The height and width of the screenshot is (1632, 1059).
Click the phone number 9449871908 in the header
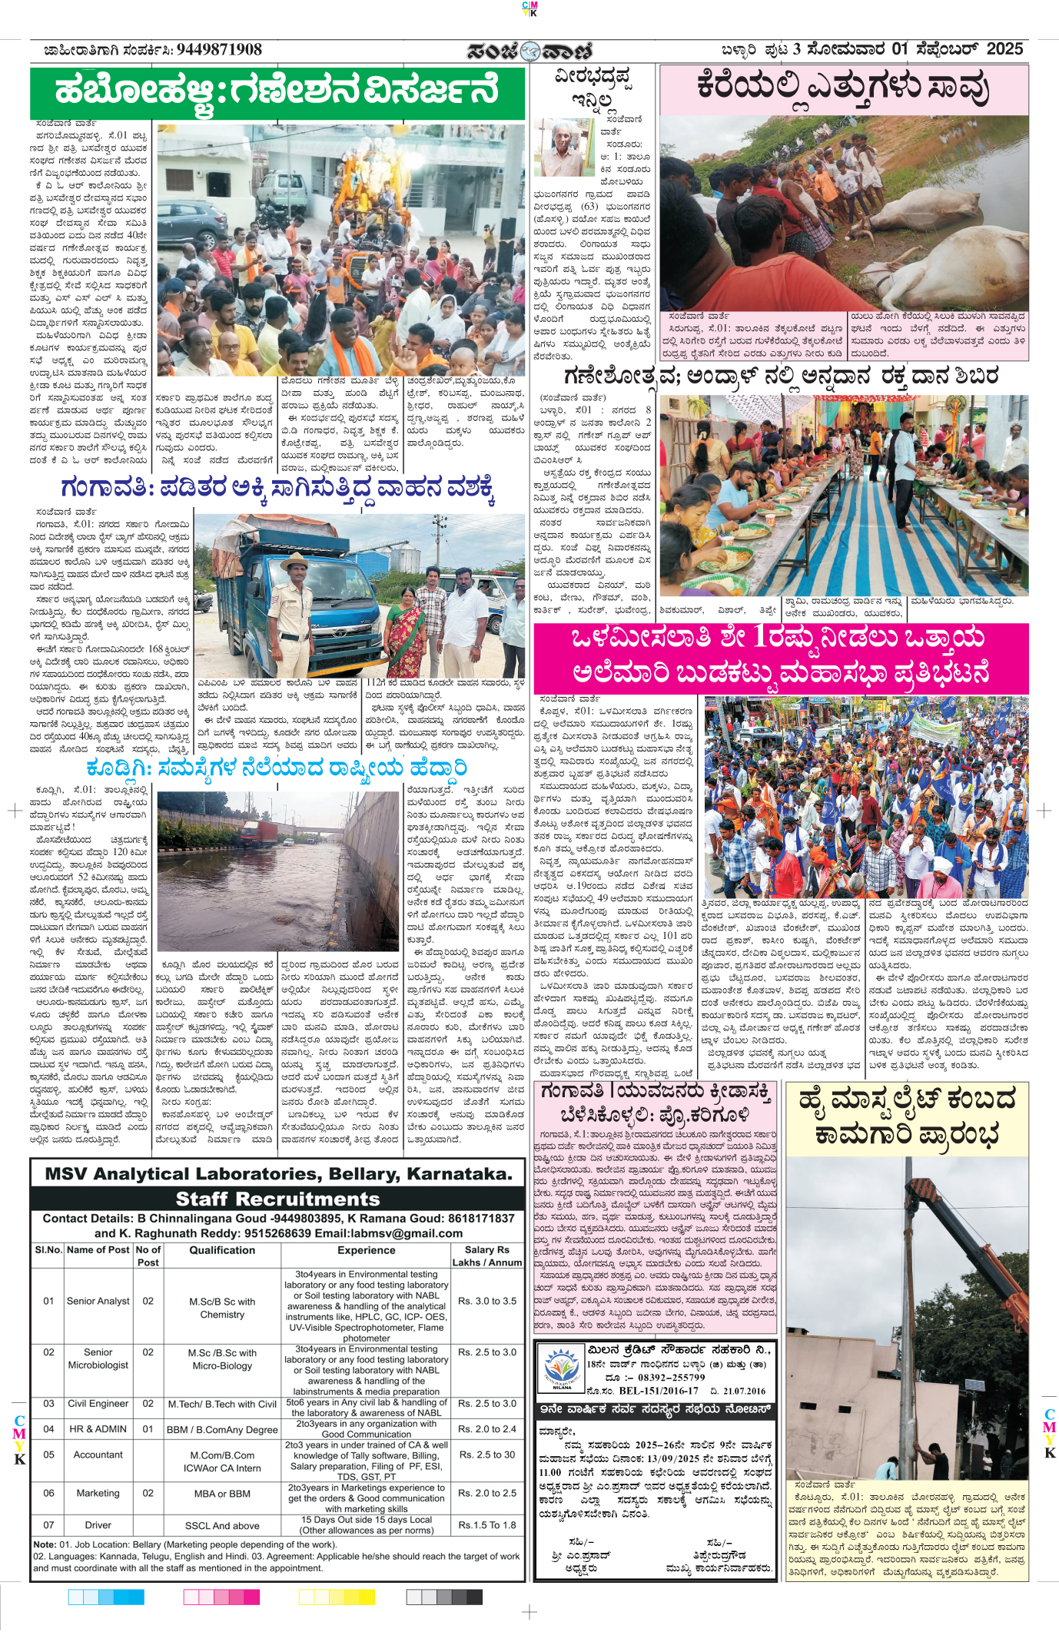219,50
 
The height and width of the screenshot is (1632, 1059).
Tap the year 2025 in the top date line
1004,49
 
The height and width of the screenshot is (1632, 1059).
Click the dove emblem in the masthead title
529,51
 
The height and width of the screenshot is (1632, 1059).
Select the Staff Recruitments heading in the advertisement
277,1199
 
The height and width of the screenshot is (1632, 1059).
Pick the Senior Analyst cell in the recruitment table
98,1302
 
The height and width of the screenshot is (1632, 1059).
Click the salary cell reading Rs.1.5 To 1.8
487,1525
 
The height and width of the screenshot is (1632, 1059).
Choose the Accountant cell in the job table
98,1455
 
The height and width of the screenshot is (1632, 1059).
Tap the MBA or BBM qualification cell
222,1494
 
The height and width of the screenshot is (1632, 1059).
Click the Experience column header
366,1251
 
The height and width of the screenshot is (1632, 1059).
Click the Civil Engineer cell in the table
98,1404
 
